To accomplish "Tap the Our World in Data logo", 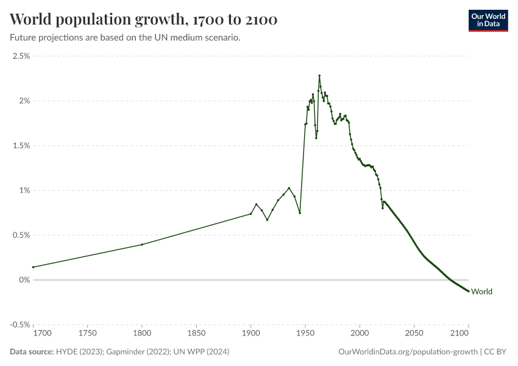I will (x=488, y=20).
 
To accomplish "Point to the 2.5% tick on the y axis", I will (x=21, y=56).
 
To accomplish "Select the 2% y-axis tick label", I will (x=24, y=101).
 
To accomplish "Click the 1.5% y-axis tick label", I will (x=21, y=146).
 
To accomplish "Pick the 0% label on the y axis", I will (x=24, y=280).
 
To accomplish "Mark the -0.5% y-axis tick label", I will (x=20, y=325).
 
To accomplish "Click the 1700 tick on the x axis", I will (x=42, y=334).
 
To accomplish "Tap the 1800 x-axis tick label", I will (x=142, y=334).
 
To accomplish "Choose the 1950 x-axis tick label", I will (x=305, y=334).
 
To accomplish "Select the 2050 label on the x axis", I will (x=414, y=334).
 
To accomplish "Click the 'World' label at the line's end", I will (x=481, y=292).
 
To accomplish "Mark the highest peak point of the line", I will (x=319, y=76).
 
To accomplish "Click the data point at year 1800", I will (x=142, y=245).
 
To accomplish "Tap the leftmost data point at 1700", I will (x=33, y=267).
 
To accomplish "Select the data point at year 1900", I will (x=251, y=213).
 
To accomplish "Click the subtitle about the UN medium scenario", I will (x=125, y=38).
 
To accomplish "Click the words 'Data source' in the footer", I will (x=30, y=352).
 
